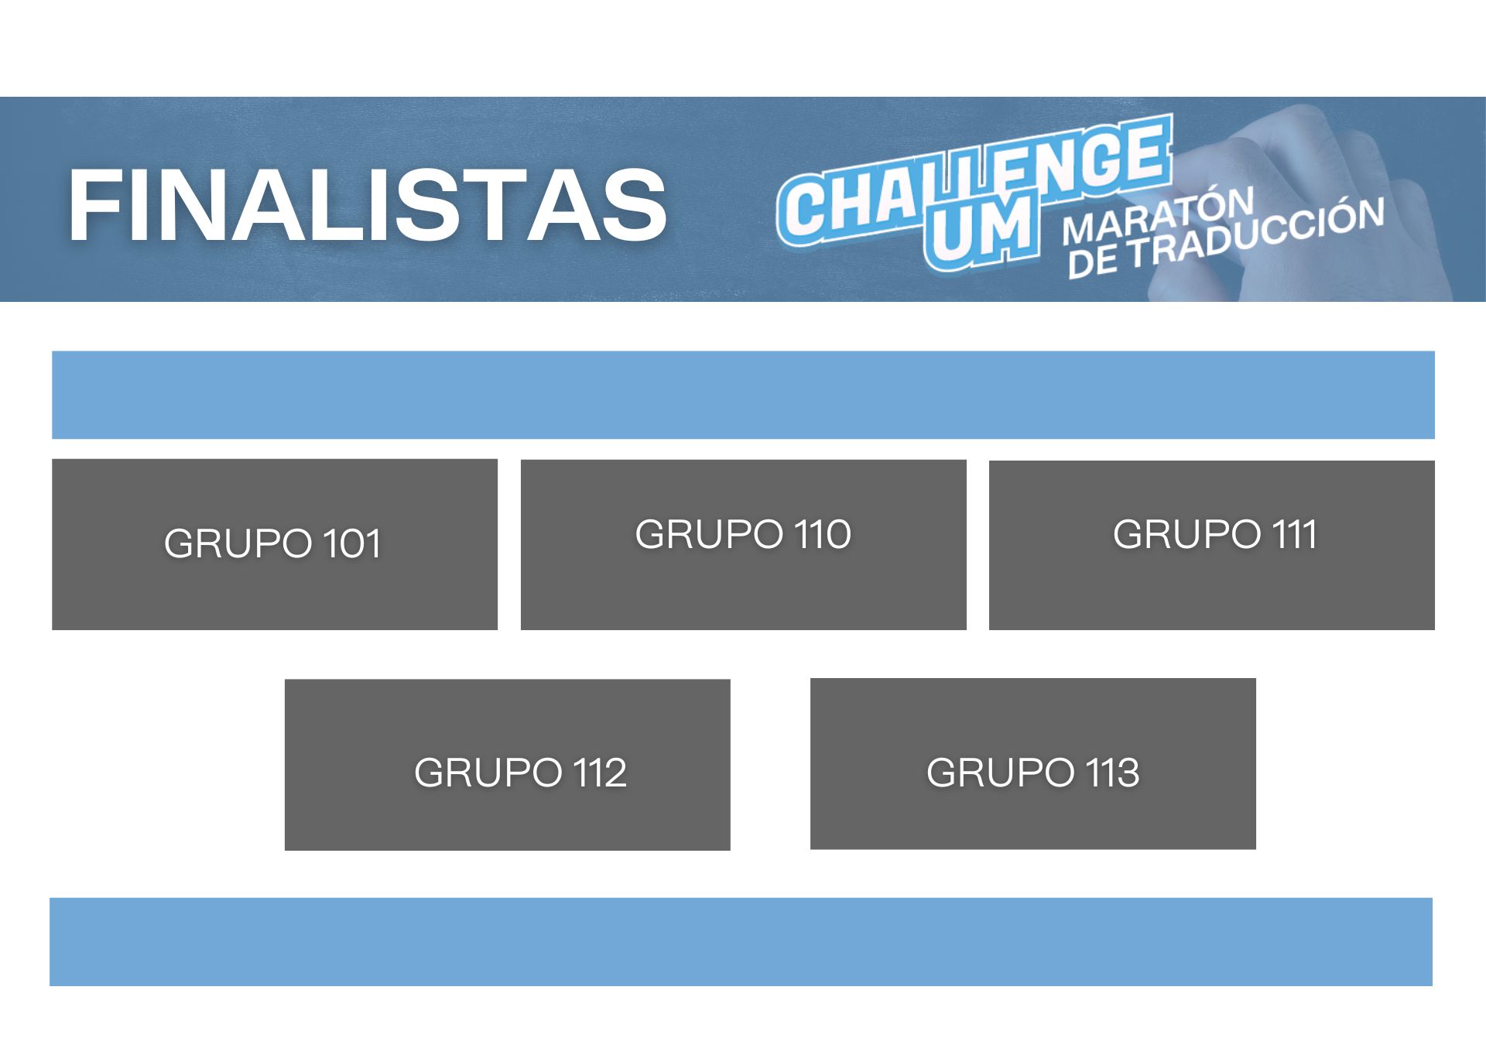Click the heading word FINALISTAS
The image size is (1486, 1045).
pos(368,206)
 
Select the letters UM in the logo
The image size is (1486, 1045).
pos(981,231)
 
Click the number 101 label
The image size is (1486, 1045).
pos(352,543)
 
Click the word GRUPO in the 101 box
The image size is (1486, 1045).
pos(238,543)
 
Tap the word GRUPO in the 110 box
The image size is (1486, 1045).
pos(709,534)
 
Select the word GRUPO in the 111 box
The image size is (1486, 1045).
pos(1187,534)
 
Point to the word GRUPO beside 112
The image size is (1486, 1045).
pos(488,773)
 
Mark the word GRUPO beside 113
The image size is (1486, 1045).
pos(1001,773)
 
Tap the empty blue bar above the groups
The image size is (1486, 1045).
pos(743,395)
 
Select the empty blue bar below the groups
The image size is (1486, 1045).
pos(741,941)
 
